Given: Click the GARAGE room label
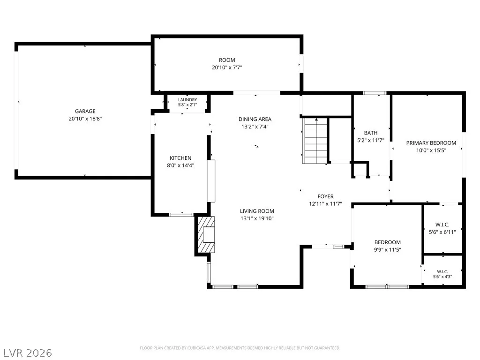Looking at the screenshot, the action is pos(85,111).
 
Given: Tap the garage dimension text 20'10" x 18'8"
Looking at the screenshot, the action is pos(85,119).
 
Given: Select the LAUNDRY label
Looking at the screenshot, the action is pos(187,100).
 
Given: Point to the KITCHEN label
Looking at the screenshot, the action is pos(180,158).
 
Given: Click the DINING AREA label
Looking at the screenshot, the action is pos(255,119).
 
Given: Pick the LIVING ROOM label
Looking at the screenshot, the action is pos(257,211).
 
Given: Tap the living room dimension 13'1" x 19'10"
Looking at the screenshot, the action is pos(257,218).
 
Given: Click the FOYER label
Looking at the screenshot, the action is pos(325,196).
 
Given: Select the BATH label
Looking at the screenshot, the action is pos(371,133).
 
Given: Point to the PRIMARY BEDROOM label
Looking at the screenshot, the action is pos(431,143).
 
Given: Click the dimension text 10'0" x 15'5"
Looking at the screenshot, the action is pos(431,150).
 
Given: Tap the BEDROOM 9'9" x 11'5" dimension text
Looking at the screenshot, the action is pos(387,249).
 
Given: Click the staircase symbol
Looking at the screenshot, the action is pos(315,141).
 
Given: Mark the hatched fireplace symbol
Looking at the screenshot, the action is pos(206,234).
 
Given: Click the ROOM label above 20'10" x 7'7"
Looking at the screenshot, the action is pos(227,60).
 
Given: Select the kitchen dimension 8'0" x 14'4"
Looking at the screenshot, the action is pos(180,165).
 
